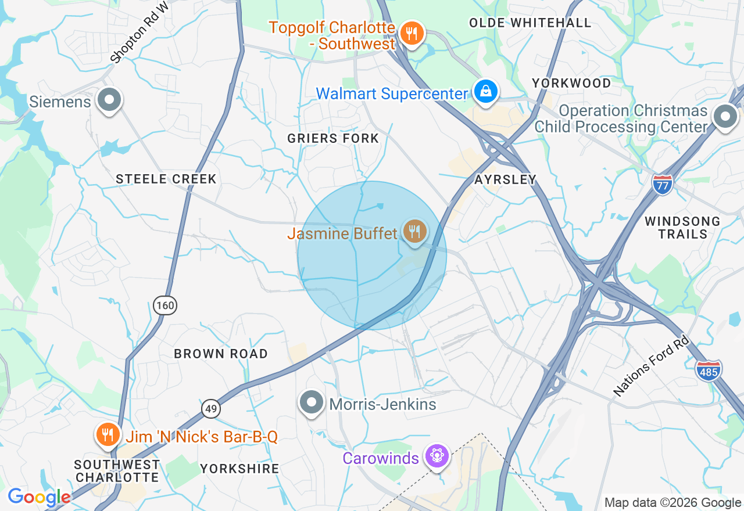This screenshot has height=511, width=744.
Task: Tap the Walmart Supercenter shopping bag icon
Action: point(485,91)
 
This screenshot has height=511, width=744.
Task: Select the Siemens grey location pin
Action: point(109,100)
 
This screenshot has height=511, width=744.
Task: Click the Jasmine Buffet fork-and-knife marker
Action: point(414,232)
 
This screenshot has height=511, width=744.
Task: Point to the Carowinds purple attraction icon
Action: point(437,455)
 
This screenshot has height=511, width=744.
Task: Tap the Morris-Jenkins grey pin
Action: point(312,402)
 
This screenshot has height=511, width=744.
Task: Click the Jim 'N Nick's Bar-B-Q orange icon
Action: point(108,434)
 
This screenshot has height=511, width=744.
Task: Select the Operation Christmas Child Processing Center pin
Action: point(725,117)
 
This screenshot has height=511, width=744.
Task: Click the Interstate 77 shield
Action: point(662,184)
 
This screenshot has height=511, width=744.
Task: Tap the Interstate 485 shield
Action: point(708,370)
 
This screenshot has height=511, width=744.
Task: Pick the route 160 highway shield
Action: point(165,305)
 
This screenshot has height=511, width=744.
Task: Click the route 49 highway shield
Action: point(211,409)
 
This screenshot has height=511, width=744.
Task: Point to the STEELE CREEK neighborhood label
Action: point(166,179)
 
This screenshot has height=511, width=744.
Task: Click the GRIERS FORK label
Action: point(333,138)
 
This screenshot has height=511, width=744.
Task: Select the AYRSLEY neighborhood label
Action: point(505,179)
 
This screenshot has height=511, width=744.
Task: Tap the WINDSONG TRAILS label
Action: point(682,228)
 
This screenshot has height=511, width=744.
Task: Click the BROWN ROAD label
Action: point(221,354)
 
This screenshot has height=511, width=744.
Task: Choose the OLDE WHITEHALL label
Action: point(530,23)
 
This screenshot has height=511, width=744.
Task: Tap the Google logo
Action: point(39,496)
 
